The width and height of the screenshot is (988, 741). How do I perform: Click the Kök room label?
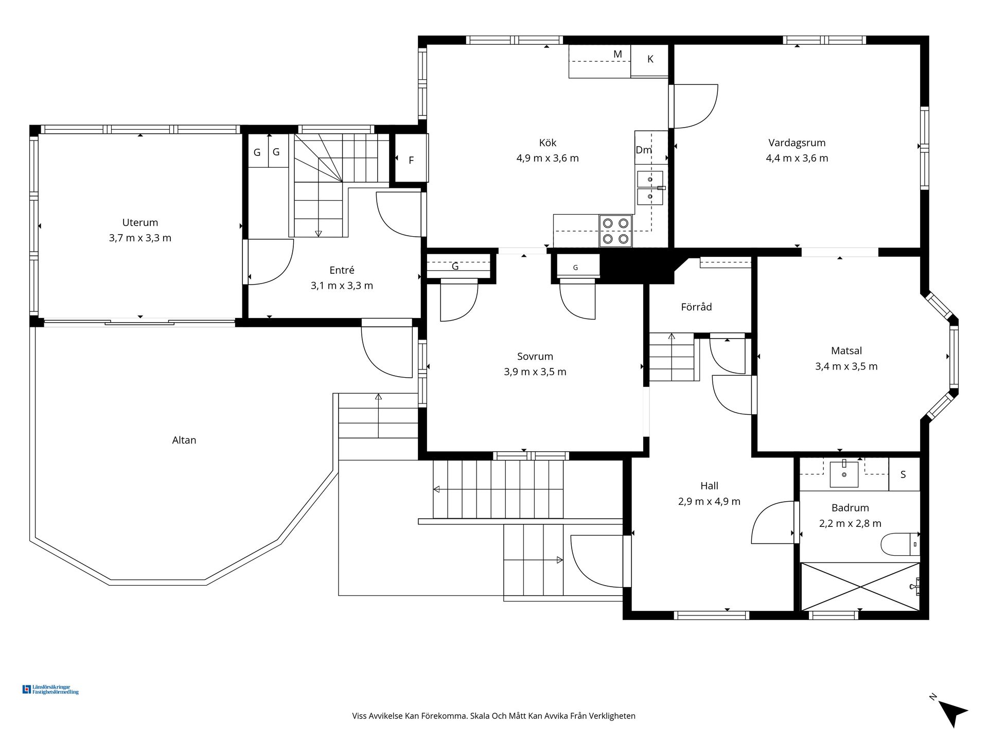pyautogui.click(x=548, y=143)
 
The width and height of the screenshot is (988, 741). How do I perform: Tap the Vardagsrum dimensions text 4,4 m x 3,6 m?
pyautogui.click(x=797, y=158)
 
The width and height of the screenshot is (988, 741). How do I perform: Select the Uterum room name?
pyautogui.click(x=140, y=222)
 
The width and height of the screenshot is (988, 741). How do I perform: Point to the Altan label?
pyautogui.click(x=184, y=440)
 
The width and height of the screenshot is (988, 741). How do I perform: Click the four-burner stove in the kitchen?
pyautogui.click(x=615, y=231)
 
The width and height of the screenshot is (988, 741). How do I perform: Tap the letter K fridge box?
pyautogui.click(x=649, y=60)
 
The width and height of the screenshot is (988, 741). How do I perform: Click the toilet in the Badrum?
pyautogui.click(x=900, y=544)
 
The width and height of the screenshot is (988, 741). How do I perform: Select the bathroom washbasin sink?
pyautogui.click(x=844, y=474)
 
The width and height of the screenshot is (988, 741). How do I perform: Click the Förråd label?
pyautogui.click(x=696, y=307)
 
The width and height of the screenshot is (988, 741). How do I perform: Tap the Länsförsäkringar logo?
pyautogui.click(x=50, y=690)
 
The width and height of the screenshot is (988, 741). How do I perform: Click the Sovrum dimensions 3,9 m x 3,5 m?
pyautogui.click(x=535, y=372)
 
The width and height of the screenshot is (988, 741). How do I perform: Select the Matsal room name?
pyautogui.click(x=846, y=351)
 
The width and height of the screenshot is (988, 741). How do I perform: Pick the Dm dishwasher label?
pyautogui.click(x=644, y=150)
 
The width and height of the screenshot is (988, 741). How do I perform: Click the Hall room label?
pyautogui.click(x=709, y=486)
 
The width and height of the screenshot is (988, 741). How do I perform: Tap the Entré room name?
pyautogui.click(x=342, y=270)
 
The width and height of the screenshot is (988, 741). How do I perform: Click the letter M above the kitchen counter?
pyautogui.click(x=617, y=54)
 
